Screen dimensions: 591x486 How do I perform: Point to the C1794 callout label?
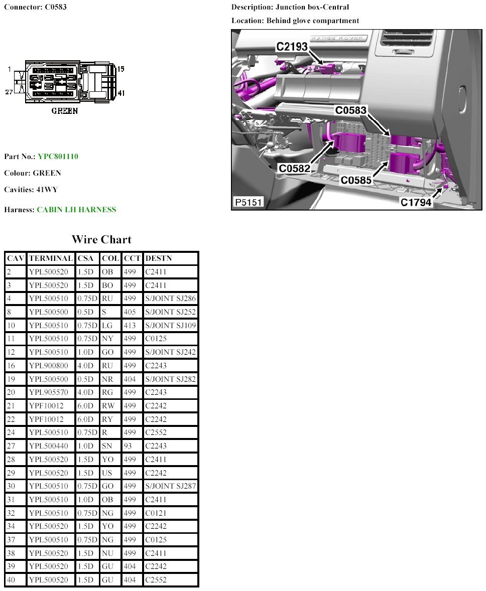(416, 202)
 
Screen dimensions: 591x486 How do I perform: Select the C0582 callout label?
(295, 169)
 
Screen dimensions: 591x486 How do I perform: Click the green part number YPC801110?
(58, 157)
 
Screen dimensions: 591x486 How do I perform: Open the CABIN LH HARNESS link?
(76, 210)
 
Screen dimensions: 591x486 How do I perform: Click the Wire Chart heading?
(101, 239)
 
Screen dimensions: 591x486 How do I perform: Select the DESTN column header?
(158, 258)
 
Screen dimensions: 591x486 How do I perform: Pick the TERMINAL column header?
(51, 258)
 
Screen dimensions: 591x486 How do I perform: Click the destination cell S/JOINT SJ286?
(170, 299)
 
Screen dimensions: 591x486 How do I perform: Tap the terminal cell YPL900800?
(48, 366)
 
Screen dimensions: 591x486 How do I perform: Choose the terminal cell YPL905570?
(48, 392)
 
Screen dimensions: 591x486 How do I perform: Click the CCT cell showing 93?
(127, 446)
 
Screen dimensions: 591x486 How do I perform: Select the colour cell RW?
(107, 406)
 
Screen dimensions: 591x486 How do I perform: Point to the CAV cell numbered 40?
(10, 580)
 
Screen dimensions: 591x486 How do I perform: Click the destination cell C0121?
(155, 513)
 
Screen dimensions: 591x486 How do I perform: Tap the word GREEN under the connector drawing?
(65, 111)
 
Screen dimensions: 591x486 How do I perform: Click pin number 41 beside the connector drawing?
(120, 93)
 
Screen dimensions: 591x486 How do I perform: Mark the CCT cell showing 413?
(130, 326)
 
